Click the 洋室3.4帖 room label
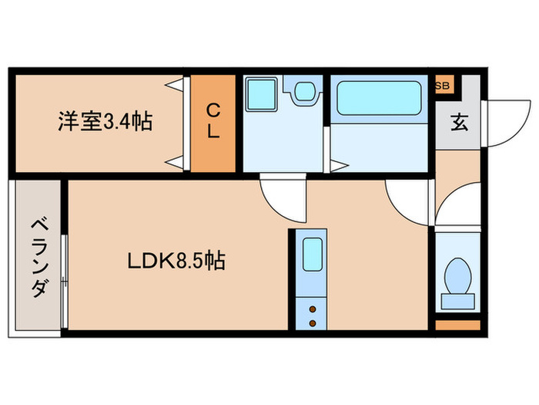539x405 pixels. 104,121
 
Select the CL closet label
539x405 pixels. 213,122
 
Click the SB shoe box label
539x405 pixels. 444,85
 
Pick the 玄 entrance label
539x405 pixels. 459,122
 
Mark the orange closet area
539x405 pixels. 213,123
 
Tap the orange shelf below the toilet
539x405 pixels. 457,324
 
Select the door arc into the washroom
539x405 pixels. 277,197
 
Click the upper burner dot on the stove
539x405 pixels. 312,308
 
